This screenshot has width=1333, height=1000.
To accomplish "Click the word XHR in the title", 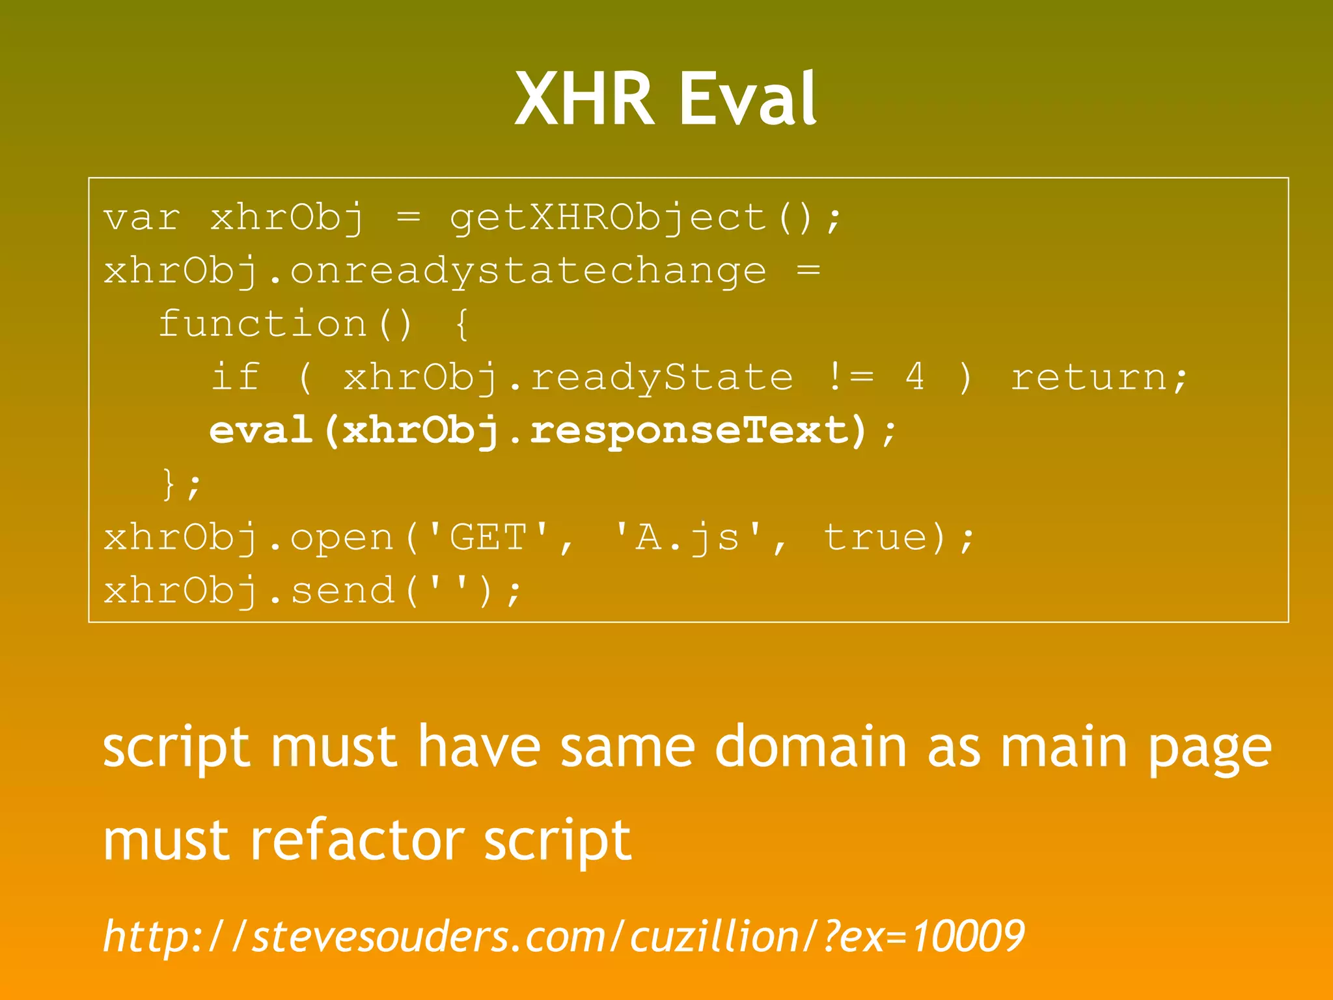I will [584, 99].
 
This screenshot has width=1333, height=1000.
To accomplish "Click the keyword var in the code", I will [141, 217].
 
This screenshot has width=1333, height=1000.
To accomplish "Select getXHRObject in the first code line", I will [608, 217].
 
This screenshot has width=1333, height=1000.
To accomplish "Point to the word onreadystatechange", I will [527, 271].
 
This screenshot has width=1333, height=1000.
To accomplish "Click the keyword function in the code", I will [263, 324].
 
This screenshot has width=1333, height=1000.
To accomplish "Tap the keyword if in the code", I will [235, 377].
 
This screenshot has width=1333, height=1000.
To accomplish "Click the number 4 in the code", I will [914, 377].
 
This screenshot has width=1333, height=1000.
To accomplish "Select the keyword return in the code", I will [1088, 377].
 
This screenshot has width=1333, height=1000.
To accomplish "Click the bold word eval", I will [260, 430].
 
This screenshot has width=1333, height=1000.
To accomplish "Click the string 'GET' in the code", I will [488, 538].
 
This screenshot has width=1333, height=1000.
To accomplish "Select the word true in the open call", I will [875, 538].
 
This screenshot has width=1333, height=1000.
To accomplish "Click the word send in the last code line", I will [342, 591].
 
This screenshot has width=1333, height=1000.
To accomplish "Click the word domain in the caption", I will [810, 747].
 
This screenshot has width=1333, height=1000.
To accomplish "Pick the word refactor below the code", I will [357, 840].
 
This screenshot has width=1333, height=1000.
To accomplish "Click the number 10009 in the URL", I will [968, 936].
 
